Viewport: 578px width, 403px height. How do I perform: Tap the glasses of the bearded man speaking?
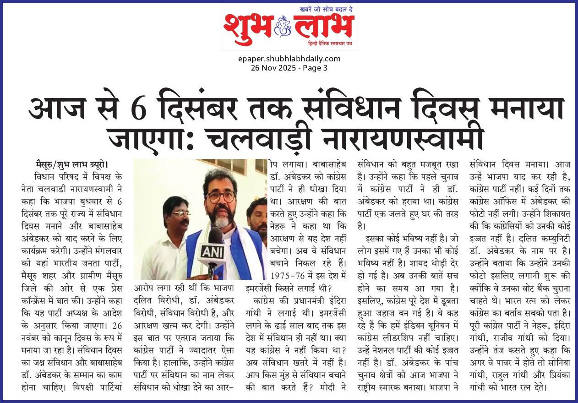point(220,196)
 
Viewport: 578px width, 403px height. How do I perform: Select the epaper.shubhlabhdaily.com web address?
point(289,59)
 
